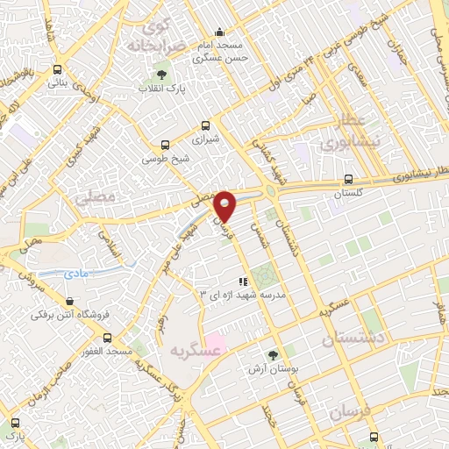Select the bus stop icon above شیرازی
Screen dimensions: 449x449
coord(206,125)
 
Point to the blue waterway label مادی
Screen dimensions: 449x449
coord(77,274)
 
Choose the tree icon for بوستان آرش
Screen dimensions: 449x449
coord(272,354)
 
